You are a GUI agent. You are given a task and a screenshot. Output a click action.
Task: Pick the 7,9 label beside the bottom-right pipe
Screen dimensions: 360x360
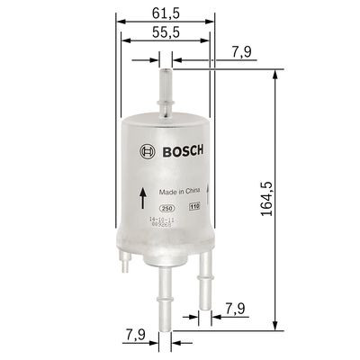coord(236,310)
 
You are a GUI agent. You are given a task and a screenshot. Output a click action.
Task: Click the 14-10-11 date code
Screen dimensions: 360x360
coord(162,219)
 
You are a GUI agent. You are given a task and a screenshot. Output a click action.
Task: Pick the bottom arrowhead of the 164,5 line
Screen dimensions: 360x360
coord(273,328)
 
